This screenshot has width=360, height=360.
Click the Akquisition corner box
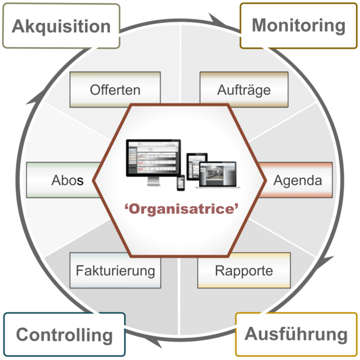[x=61, y=26]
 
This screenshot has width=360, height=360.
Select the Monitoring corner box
[x=298, y=26]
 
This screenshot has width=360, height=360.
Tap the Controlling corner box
[x=64, y=334]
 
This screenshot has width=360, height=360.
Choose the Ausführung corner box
[x=296, y=334]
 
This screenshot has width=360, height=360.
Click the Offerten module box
[x=115, y=89]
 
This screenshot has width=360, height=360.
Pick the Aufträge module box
[x=244, y=89]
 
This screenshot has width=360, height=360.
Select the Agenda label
[x=298, y=180]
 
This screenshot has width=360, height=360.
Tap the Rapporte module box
[x=244, y=271]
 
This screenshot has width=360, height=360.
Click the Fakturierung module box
[x=115, y=271]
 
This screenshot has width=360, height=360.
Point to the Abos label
[x=67, y=180]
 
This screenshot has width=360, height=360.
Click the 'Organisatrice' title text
[x=182, y=209]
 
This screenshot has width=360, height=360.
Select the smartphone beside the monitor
[x=181, y=183]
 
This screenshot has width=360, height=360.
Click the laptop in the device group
[x=218, y=175]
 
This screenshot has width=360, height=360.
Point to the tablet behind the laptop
[x=197, y=166]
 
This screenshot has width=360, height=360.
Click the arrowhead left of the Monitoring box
[x=218, y=21]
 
